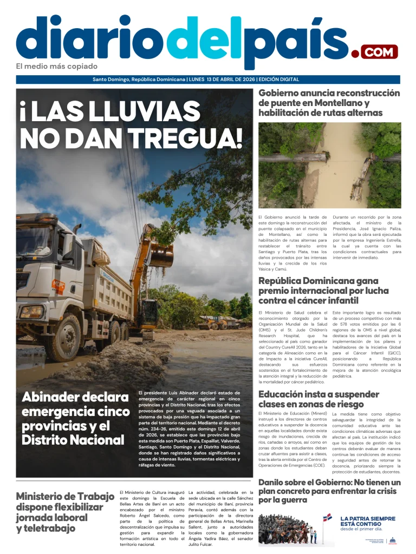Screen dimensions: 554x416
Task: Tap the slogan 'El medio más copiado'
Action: coord(57,67)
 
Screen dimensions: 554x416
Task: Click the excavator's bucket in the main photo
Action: coord(161,255)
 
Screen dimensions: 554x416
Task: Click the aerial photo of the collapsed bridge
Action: coord(329,163)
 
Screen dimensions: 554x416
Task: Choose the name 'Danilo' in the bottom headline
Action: coord(275,483)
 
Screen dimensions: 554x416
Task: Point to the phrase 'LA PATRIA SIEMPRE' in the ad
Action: coord(368,518)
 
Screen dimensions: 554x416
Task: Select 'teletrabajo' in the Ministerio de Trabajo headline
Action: coord(45,528)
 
